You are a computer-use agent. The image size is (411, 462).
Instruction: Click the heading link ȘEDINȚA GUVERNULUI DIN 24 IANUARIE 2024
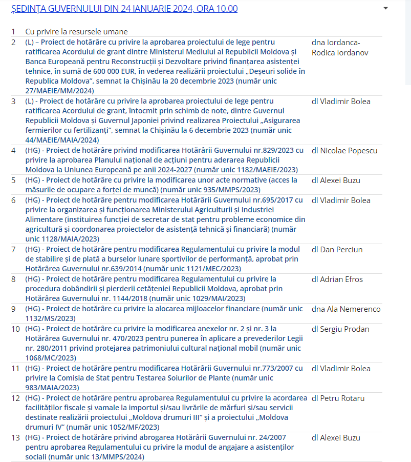124,9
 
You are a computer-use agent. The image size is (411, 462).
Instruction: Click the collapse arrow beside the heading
385,8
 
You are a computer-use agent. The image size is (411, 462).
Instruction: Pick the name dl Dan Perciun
337,250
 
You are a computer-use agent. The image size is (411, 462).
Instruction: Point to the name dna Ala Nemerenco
345,309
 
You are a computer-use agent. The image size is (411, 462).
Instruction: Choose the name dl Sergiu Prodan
340,329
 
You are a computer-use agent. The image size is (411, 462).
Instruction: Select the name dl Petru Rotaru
338,398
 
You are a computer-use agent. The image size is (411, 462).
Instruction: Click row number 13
15,438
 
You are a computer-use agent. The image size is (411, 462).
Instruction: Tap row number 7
13,250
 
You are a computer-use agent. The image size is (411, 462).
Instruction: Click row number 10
15,329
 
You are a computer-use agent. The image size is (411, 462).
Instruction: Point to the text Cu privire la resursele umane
76,32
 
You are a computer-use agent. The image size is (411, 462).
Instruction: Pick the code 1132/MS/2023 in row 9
50,319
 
